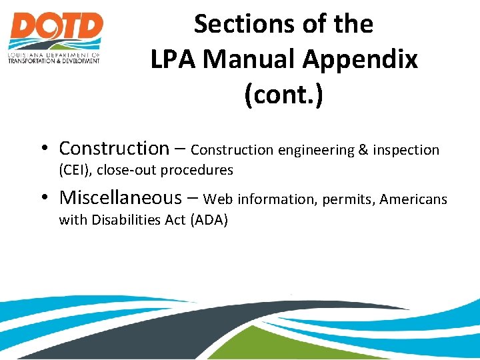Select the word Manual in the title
tap(250, 59)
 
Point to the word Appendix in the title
tap(360, 59)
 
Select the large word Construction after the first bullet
tap(114, 148)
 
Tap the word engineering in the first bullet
tap(317, 151)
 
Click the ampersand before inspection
tap(363, 150)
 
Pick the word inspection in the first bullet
tap(406, 151)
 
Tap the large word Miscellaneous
tap(120, 197)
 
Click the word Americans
tap(413, 199)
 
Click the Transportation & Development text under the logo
tap(53, 61)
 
